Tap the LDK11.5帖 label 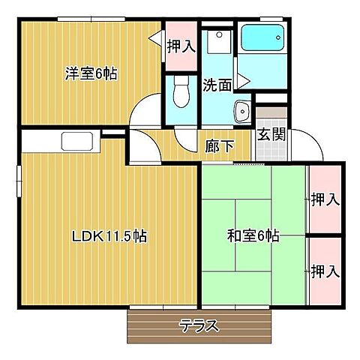pyautogui.click(x=109, y=236)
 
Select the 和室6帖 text pyautogui.click(x=253, y=236)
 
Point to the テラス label pyautogui.click(x=199, y=325)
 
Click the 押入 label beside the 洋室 pyautogui.click(x=181, y=46)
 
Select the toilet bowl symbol pyautogui.click(x=181, y=94)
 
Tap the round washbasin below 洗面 pyautogui.click(x=243, y=112)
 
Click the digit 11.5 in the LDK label pyautogui.click(x=112, y=236)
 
